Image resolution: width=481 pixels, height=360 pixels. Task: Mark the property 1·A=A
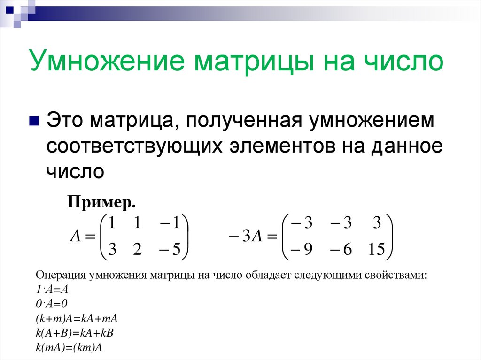click(x=53, y=289)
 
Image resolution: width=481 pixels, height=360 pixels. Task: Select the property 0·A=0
click(x=52, y=303)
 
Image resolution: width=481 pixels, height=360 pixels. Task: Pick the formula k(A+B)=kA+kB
click(x=75, y=333)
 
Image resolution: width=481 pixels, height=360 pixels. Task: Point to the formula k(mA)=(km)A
click(x=69, y=348)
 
